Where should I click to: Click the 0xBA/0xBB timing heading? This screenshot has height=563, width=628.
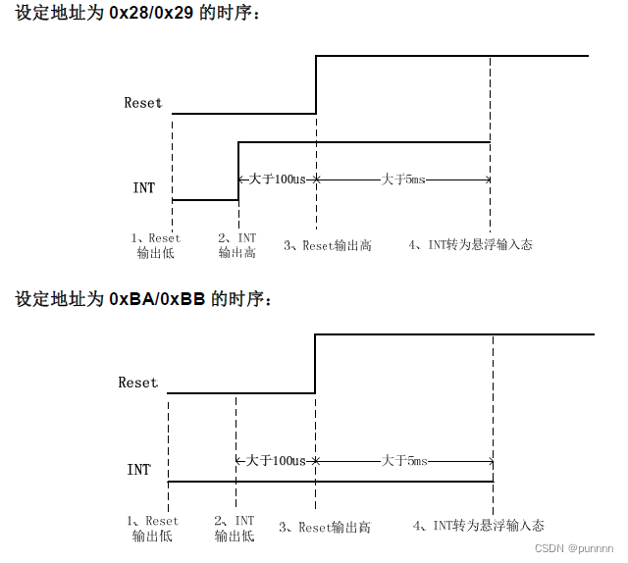(142, 298)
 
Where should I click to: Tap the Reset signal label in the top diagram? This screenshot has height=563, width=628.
(142, 103)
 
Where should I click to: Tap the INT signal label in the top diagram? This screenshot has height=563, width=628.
(143, 186)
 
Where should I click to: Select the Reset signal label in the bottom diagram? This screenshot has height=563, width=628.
(137, 383)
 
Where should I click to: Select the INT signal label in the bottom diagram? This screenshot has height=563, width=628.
(138, 470)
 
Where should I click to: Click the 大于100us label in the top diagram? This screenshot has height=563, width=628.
(278, 179)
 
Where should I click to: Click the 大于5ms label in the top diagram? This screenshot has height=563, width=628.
(403, 179)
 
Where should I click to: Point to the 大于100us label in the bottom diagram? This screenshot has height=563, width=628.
(276, 460)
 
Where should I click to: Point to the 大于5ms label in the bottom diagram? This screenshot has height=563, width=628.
(404, 460)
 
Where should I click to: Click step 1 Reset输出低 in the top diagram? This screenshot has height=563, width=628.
(155, 245)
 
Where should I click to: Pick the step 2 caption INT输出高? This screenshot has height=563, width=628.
(236, 245)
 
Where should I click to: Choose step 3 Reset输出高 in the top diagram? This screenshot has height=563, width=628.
(328, 245)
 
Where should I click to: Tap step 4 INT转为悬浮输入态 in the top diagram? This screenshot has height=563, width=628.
(470, 245)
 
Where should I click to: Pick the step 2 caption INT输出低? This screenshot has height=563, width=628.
(235, 529)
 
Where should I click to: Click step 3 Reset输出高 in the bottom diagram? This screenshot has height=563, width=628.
(325, 527)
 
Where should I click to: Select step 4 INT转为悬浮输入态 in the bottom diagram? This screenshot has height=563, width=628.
(478, 527)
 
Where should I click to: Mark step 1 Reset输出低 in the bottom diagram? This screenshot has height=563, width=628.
(153, 529)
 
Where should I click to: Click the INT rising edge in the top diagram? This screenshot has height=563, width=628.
(238, 171)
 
